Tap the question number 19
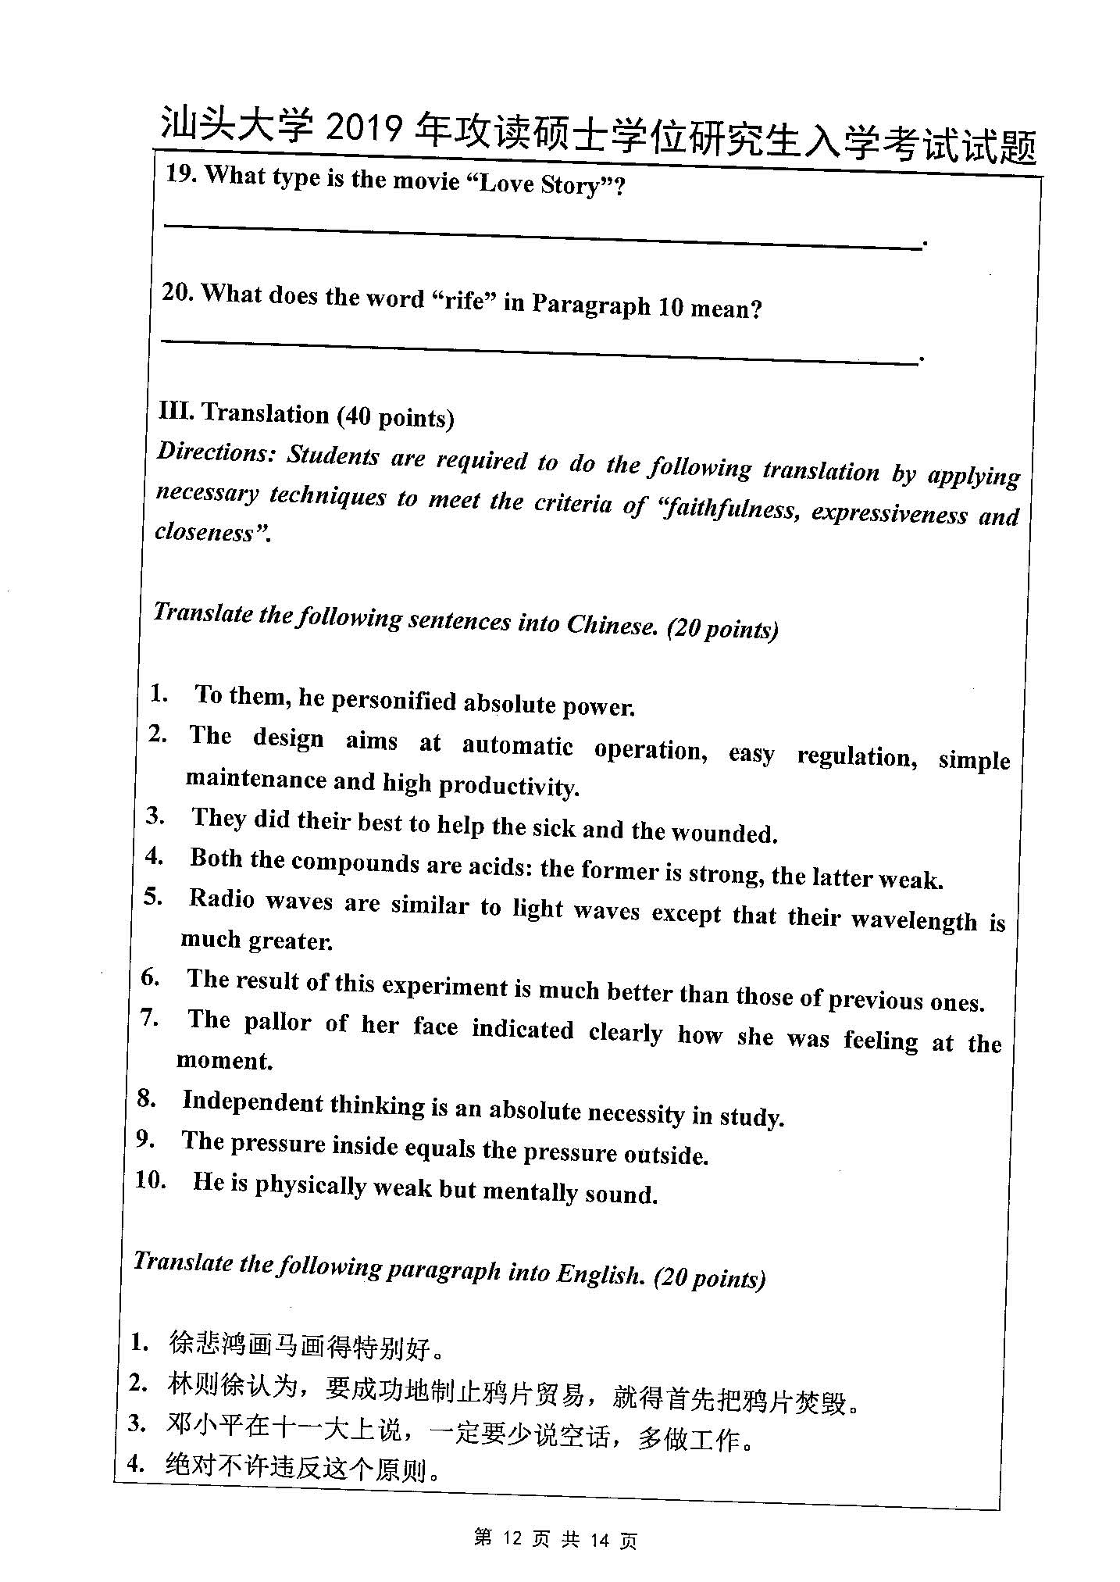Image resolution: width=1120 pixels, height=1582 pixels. (179, 174)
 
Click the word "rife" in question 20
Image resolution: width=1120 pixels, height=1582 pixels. (465, 300)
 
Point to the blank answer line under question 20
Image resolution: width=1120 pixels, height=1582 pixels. (539, 351)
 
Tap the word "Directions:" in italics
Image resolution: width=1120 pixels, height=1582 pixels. (215, 452)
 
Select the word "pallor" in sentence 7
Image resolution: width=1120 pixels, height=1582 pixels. (277, 1023)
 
